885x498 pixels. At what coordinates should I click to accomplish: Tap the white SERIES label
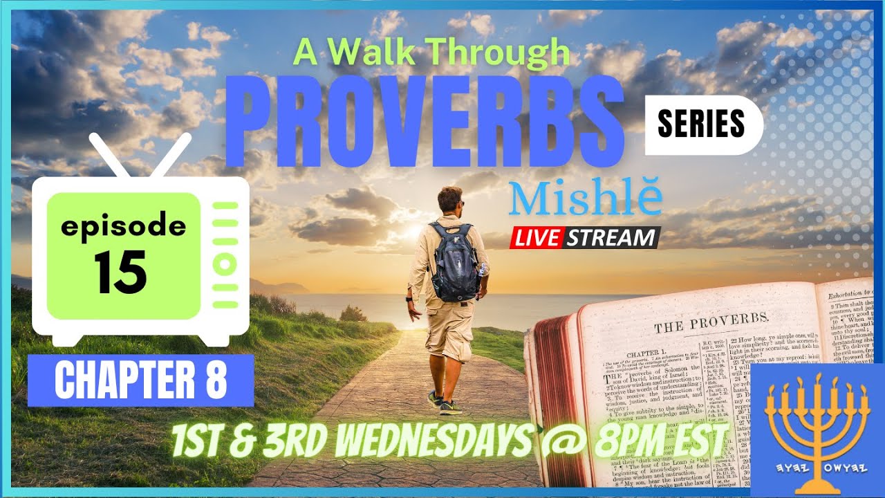(x=700, y=124)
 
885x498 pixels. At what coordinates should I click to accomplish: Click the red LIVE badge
(x=536, y=238)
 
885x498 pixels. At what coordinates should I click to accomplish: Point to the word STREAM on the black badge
(x=611, y=238)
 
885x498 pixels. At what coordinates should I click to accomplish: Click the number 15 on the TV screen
(x=121, y=272)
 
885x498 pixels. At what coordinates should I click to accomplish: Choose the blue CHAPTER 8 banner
(x=140, y=380)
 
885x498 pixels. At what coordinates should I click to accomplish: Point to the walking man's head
(x=450, y=200)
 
